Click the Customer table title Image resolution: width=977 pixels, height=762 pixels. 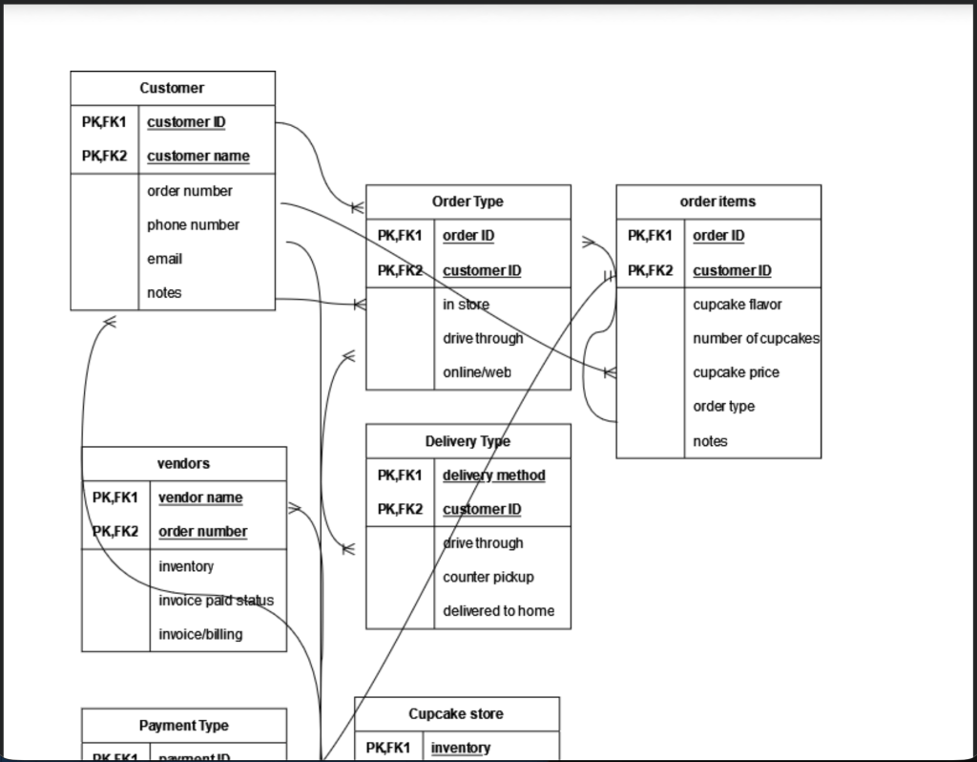[172, 88]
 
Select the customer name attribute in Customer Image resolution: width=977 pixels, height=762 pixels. [198, 156]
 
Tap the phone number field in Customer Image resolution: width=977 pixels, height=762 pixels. [193, 224]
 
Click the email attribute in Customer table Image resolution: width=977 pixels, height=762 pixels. [164, 259]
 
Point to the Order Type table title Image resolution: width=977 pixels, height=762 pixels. [468, 201]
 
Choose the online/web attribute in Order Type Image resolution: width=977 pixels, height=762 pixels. [477, 372]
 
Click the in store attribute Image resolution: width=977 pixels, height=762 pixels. [466, 305]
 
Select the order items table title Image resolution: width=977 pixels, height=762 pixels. [717, 201]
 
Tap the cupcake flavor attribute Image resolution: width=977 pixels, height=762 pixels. [738, 305]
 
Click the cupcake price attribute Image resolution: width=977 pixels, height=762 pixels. [736, 372]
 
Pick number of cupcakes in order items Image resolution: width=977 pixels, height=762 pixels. [756, 338]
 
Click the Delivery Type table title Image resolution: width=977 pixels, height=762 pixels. [468, 441]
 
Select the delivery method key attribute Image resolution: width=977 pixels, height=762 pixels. [494, 475]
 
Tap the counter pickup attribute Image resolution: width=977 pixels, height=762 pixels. [488, 577]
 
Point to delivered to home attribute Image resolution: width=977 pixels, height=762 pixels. [498, 611]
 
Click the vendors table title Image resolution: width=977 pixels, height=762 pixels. [183, 463]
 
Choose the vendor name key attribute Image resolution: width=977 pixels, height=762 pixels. [200, 497]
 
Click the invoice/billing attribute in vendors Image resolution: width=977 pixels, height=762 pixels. [200, 634]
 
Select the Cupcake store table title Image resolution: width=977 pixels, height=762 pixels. [456, 714]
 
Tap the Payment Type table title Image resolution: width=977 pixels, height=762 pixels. [183, 726]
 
